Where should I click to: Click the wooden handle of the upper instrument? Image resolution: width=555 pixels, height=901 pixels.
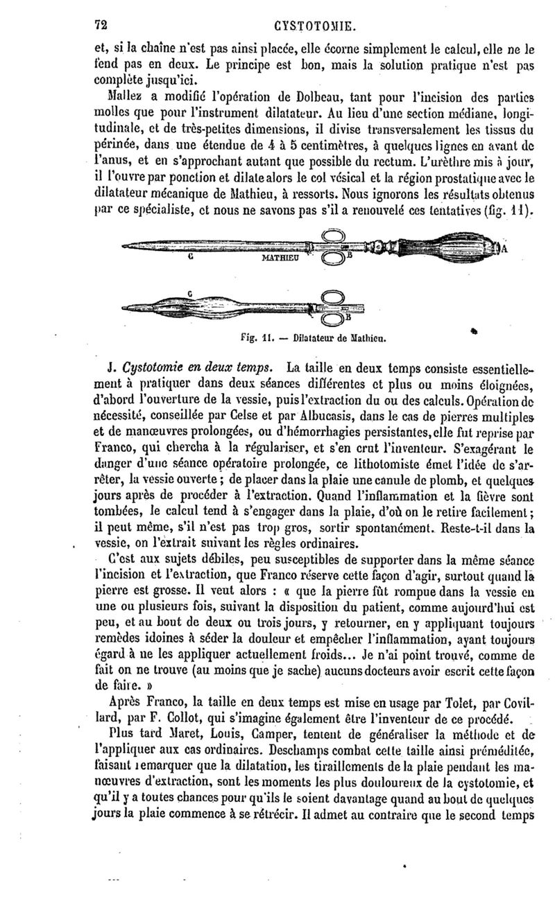(444, 246)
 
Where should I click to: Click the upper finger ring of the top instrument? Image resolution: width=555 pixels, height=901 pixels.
(332, 235)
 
